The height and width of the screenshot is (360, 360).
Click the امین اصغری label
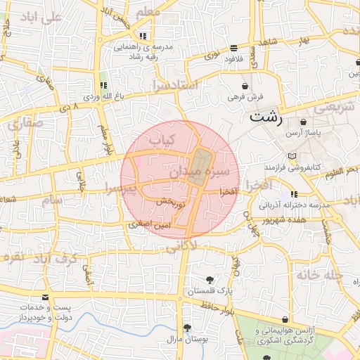tap(146, 224)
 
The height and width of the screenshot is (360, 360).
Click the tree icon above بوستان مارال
tap(187, 328)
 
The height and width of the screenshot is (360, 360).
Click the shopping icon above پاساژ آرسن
tap(302, 122)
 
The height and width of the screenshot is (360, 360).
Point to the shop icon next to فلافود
tap(234, 49)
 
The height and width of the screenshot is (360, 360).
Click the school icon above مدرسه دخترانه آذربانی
tap(294, 193)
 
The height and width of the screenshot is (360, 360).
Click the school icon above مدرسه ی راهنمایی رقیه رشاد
tap(143, 35)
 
